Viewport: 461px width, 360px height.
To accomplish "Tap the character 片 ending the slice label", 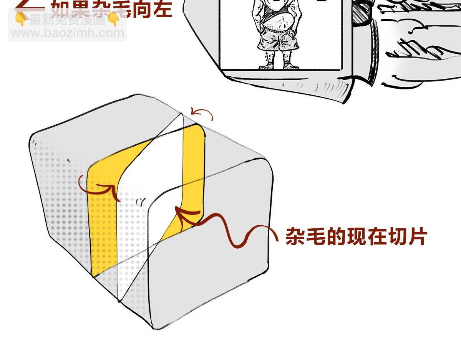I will point(418,237).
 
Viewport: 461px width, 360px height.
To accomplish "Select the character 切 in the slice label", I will point(397,237).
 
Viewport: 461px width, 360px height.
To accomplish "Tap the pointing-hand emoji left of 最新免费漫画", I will point(21,20).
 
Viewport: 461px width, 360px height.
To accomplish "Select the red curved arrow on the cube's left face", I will point(98,185).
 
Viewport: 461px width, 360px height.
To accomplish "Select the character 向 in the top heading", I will point(141,8).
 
